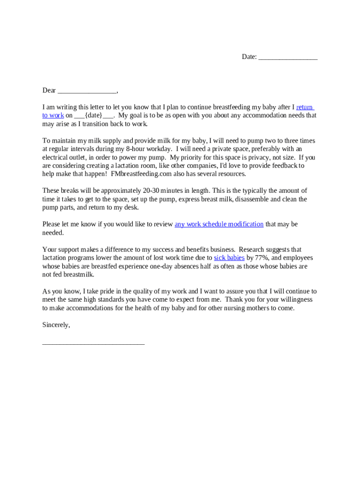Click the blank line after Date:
pyautogui.click(x=288, y=57)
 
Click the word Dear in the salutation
pyautogui.click(x=49, y=90)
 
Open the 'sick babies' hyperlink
pyautogui.click(x=229, y=258)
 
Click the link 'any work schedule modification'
pyautogui.click(x=219, y=224)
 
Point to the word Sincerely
pyautogui.click(x=56, y=325)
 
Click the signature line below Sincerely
pyautogui.click(x=94, y=343)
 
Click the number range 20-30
pyautogui.click(x=151, y=190)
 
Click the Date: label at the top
pyautogui.click(x=249, y=57)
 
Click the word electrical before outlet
pyautogui.click(x=57, y=157)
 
